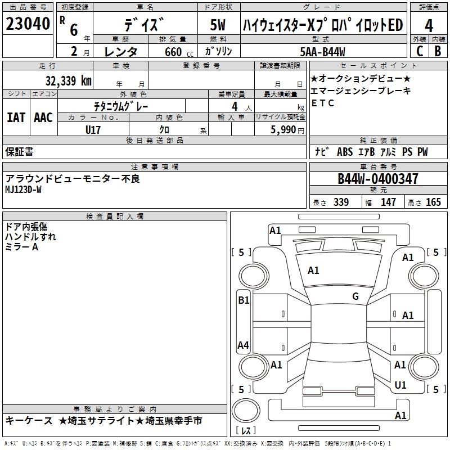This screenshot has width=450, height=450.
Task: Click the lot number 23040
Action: [x=28, y=24]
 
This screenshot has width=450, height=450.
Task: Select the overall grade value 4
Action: [x=429, y=26]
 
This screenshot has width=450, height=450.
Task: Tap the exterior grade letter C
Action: [x=420, y=51]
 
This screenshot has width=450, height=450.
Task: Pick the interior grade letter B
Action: [x=438, y=51]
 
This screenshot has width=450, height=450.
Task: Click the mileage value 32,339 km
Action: [x=69, y=80]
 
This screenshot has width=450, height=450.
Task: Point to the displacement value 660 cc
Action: [x=179, y=52]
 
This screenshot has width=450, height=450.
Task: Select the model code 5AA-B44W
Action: [x=322, y=52]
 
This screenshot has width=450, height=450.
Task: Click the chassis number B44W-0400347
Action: [x=377, y=178]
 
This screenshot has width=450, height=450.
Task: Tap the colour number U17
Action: [x=93, y=130]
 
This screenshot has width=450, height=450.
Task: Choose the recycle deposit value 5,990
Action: [x=283, y=130]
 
